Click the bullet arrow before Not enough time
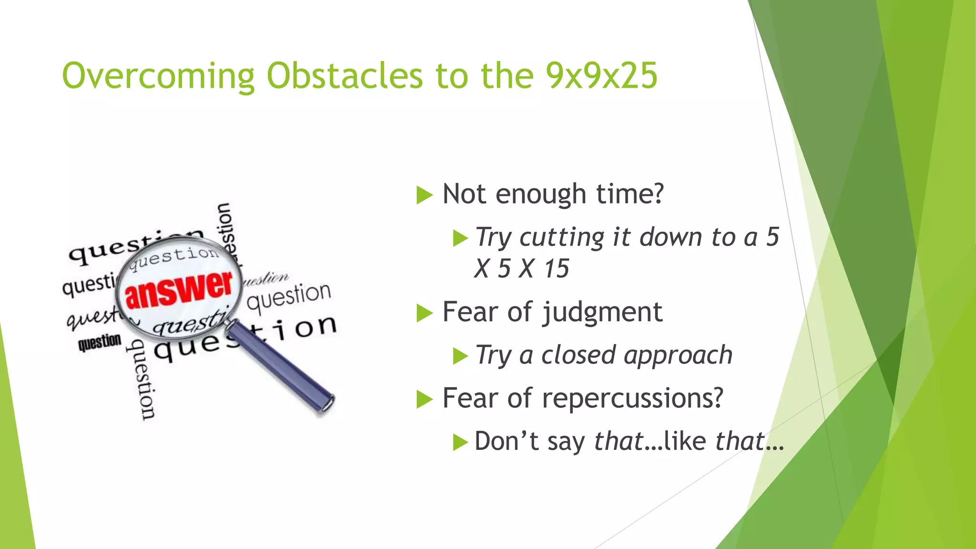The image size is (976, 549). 424,195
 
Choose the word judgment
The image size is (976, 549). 603,313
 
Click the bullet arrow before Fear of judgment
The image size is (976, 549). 424,313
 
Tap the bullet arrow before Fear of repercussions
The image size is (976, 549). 424,399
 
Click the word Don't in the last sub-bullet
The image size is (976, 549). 507,441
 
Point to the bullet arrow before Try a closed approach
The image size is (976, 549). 460,356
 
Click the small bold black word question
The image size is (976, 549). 100,342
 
